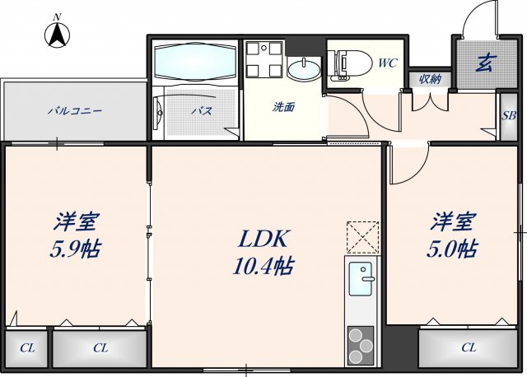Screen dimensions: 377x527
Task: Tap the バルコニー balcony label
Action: click(74, 110)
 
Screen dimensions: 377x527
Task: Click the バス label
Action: click(203, 111)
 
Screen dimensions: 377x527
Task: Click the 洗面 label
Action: click(285, 107)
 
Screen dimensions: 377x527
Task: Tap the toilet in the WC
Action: click(348, 63)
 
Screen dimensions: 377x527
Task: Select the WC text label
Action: click(387, 62)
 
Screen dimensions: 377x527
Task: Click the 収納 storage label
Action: click(430, 79)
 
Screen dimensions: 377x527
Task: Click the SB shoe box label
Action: click(510, 114)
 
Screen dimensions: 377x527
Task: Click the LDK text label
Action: click(263, 239)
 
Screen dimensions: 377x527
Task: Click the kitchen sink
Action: click(360, 279)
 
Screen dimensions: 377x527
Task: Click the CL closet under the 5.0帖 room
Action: click(468, 347)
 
